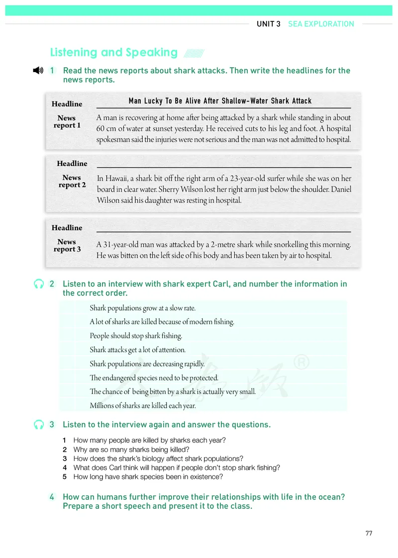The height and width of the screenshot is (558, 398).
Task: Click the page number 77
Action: click(x=369, y=534)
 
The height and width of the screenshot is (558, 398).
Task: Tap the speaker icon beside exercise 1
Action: click(x=38, y=71)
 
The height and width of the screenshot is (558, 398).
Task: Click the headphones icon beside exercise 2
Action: click(x=39, y=284)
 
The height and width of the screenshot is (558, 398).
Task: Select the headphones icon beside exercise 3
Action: click(x=39, y=425)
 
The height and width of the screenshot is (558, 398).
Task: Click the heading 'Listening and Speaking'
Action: click(x=114, y=53)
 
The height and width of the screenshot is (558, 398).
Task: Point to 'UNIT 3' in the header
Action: click(x=269, y=24)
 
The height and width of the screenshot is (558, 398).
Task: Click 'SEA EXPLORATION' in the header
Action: click(x=321, y=24)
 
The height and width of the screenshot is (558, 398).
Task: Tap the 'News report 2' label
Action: click(x=72, y=181)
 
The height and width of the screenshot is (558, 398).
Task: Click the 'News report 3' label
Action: click(x=67, y=245)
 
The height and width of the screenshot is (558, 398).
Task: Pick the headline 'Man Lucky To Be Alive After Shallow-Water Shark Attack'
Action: click(x=220, y=101)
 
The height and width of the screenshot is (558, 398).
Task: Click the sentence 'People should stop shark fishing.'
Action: click(x=136, y=336)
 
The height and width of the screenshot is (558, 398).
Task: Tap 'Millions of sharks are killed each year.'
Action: click(x=143, y=406)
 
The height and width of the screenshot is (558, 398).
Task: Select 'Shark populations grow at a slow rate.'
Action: click(x=142, y=308)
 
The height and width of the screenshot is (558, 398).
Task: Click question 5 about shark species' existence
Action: click(x=148, y=477)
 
